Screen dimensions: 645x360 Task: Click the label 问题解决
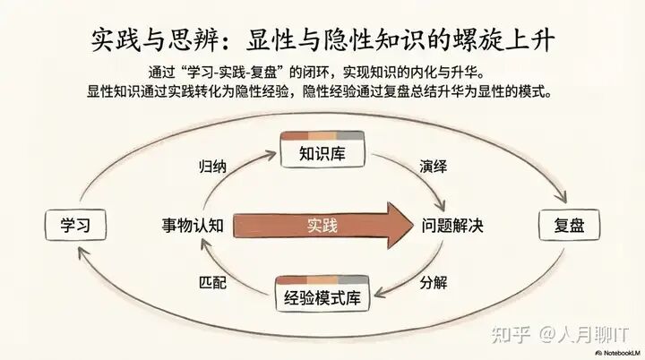click(x=452, y=226)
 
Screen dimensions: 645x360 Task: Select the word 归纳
click(x=211, y=167)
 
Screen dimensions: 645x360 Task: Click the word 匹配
click(x=211, y=282)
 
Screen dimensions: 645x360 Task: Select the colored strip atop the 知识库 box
click(x=322, y=136)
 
